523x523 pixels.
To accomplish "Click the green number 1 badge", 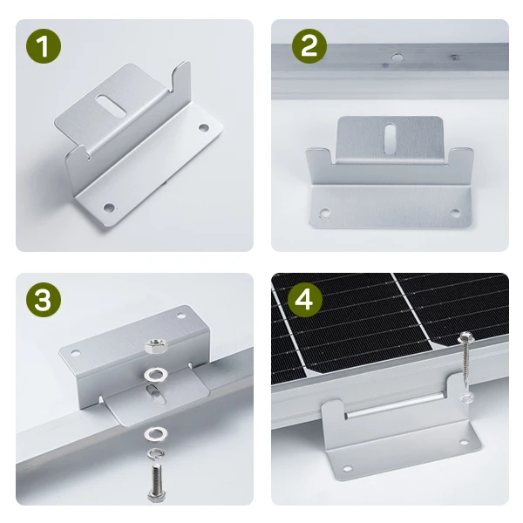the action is (44, 46).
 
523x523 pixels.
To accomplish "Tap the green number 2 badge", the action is (309, 46).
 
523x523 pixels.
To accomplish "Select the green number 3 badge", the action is (44, 300).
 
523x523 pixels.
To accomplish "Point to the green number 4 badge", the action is (305, 300).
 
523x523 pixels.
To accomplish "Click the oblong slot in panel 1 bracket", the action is (111, 106).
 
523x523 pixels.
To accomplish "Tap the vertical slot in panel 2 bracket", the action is (390, 139).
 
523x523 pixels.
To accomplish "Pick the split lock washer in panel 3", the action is (157, 454).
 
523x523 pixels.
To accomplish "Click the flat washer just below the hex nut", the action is (155, 375).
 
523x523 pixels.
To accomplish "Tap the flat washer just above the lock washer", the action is (156, 433).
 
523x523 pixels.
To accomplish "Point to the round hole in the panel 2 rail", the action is (397, 58).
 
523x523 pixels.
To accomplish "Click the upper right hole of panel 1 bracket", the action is (203, 127).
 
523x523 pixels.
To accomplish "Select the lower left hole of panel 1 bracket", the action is (109, 207).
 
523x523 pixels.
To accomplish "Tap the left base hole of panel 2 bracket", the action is (324, 212).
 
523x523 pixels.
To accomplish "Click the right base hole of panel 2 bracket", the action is (455, 214).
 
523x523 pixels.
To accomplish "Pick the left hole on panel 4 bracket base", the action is (347, 469).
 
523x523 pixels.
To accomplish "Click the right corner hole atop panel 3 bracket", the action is (180, 316).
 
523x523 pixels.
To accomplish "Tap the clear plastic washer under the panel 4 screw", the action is (466, 397).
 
